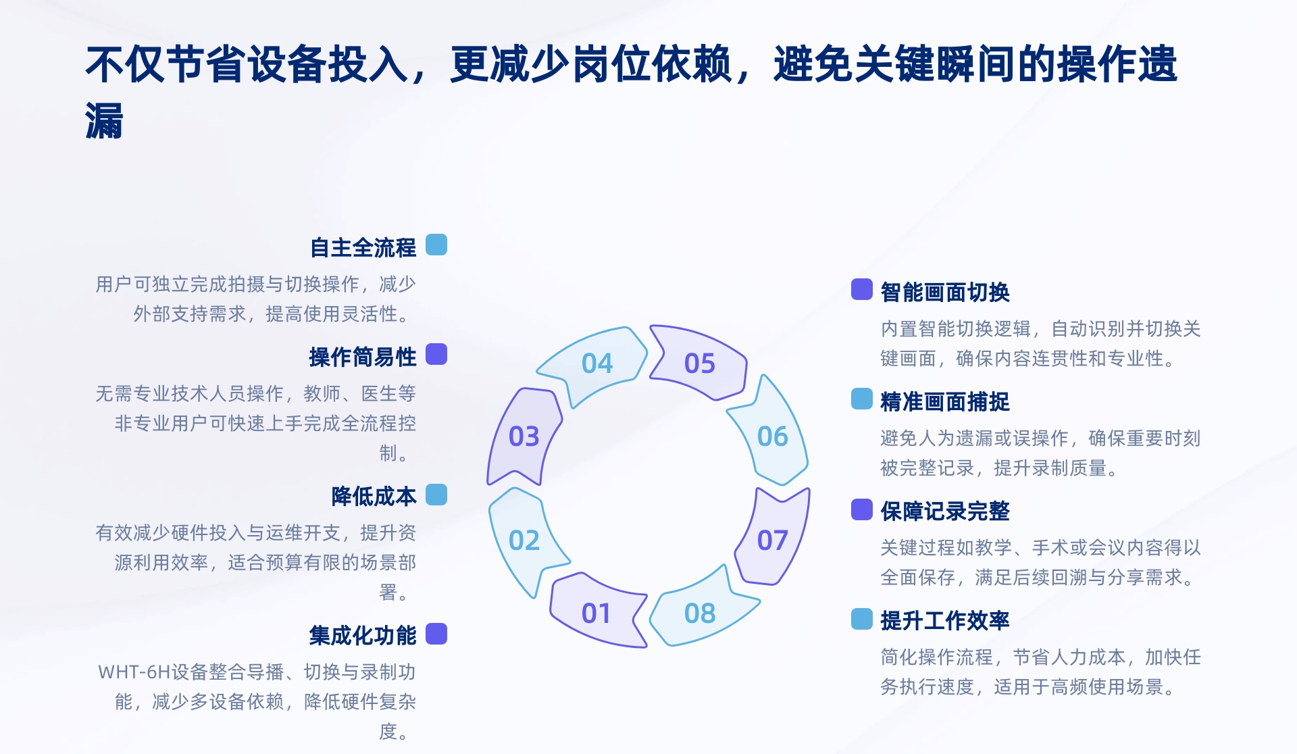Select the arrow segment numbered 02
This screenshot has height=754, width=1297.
[x=524, y=541]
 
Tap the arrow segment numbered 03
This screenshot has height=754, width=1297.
[x=524, y=436]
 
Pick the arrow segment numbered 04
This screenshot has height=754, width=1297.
[x=597, y=363]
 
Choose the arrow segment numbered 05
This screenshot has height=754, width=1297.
[x=700, y=363]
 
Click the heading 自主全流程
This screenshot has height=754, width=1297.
[x=363, y=248]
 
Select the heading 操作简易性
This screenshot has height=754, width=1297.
[x=363, y=357]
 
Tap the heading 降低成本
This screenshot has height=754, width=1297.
[x=374, y=497]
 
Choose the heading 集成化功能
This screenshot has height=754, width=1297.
[x=363, y=636]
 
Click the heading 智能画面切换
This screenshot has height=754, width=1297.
[x=945, y=293]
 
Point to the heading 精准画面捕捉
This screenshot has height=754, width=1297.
[x=945, y=402]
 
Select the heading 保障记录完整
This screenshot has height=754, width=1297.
[x=945, y=511]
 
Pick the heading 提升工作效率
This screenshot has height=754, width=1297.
[x=945, y=621]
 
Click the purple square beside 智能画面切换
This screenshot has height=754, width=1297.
[x=862, y=289]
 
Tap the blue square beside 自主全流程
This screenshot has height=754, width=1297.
[x=436, y=245]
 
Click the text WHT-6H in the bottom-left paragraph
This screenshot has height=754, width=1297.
[x=134, y=672]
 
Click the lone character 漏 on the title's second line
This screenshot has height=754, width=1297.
[x=104, y=122]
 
